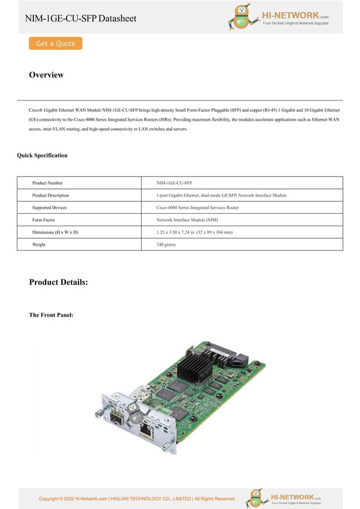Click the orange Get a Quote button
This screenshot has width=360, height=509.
[55, 43]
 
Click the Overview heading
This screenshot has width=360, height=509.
[46, 75]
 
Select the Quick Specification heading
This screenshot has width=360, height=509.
[42, 155]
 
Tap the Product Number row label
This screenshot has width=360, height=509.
[47, 183]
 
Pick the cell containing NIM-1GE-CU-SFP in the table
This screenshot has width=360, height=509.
[174, 183]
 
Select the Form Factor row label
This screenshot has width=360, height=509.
[43, 220]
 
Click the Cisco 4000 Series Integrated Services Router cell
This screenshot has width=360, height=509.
[197, 208]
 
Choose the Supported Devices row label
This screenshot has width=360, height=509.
[50, 208]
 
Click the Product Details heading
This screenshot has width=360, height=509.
[59, 282]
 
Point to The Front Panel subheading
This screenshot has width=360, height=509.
[51, 315]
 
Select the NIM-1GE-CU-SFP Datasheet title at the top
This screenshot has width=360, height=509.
[81, 19]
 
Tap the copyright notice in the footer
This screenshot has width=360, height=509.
[137, 498]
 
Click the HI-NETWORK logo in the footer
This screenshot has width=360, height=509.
[286, 498]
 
